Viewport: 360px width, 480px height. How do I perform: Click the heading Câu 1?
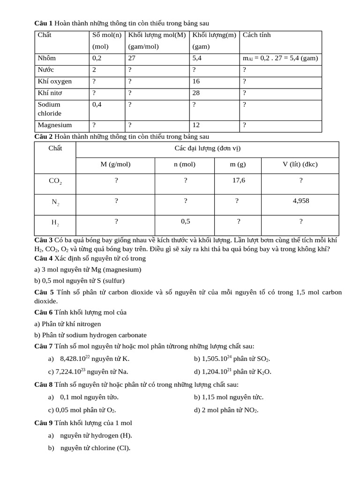[44, 23]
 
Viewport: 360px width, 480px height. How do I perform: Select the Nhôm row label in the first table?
[47, 59]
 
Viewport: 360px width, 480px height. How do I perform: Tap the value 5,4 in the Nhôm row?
[197, 59]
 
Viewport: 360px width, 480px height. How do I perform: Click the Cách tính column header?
[256, 35]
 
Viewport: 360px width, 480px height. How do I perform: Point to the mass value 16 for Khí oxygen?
[196, 82]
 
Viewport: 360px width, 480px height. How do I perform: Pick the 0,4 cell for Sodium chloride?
[97, 105]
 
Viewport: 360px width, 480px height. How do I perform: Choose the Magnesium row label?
[55, 125]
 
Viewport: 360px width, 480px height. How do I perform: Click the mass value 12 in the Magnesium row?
[196, 125]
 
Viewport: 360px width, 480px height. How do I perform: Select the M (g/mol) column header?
[115, 165]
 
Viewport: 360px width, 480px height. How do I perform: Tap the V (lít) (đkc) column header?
[300, 165]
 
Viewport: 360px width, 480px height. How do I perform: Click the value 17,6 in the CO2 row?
[239, 180]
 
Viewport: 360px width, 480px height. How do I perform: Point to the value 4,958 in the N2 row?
[300, 201]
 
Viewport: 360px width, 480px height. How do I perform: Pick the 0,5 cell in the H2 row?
[186, 221]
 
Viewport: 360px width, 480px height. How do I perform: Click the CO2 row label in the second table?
[55, 181]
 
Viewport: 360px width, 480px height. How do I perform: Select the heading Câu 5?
[44, 292]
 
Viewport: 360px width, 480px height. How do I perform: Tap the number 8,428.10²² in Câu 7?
[75, 359]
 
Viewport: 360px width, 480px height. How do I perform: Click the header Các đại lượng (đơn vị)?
[207, 149]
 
